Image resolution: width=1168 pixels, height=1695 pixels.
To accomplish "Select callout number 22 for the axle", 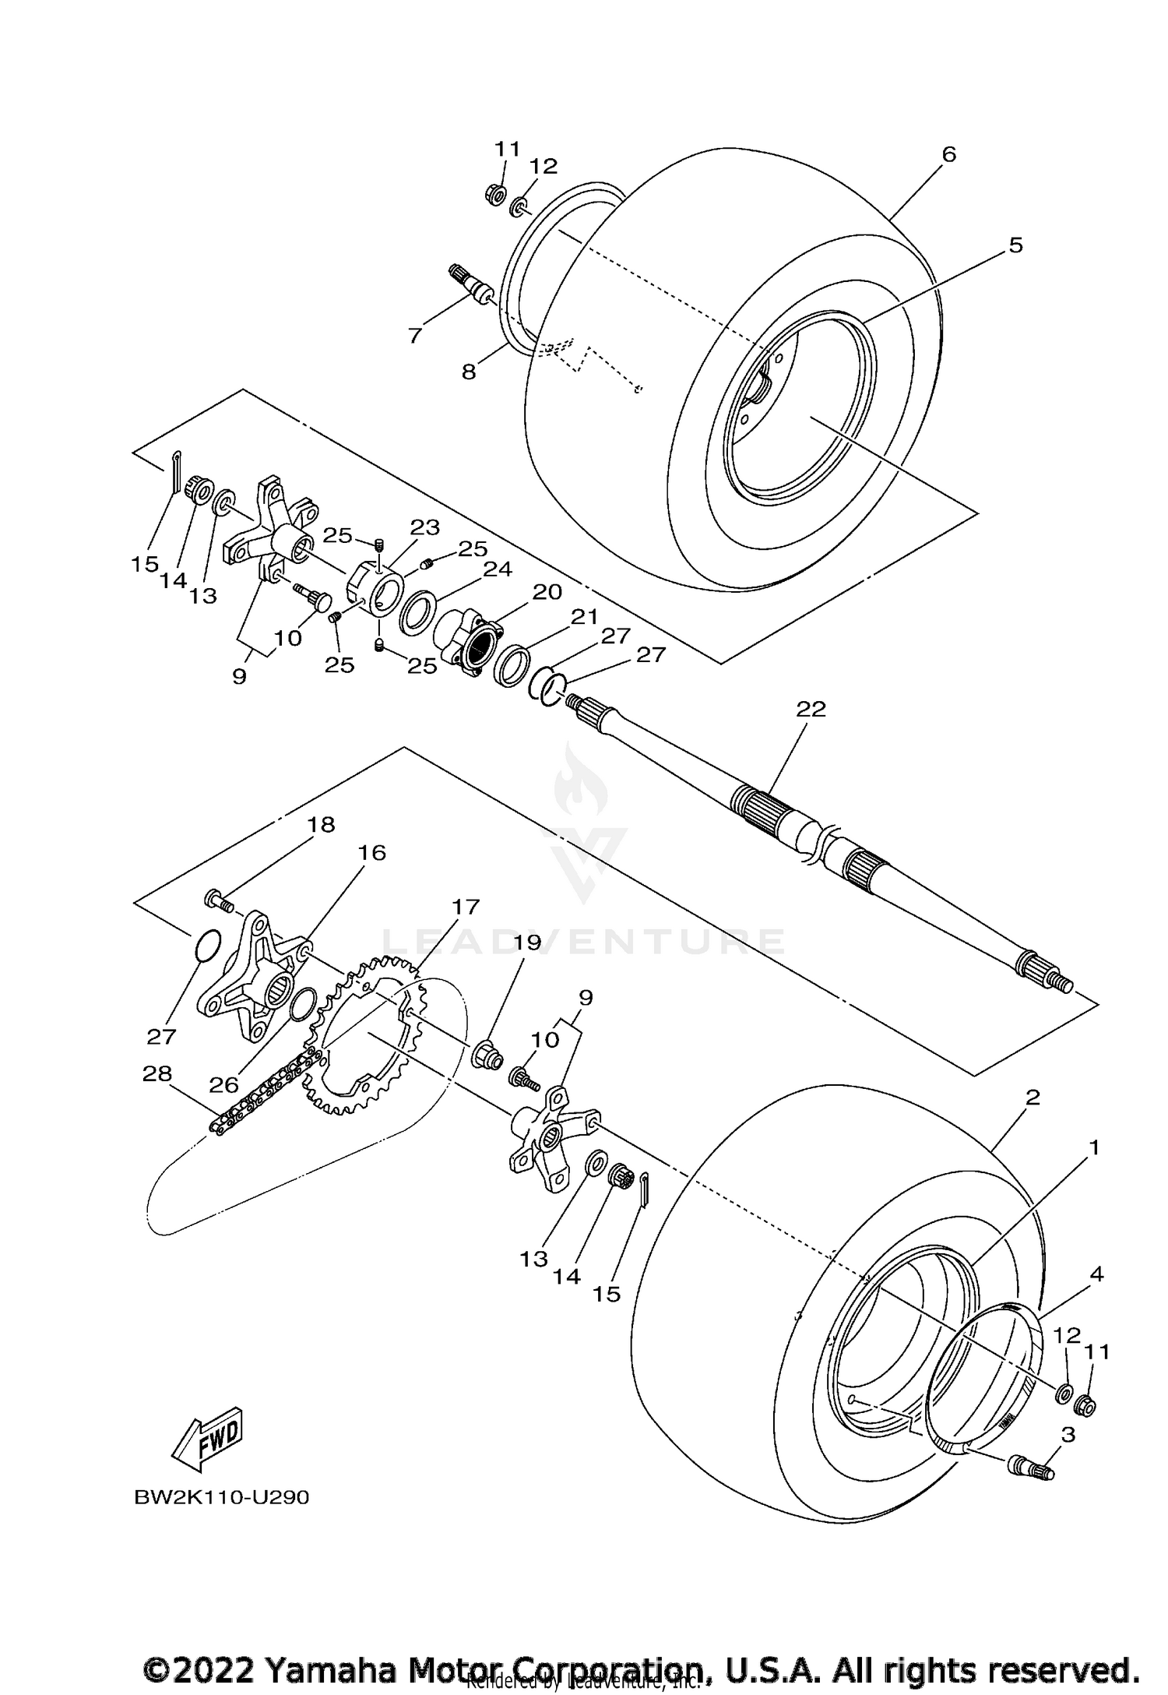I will click(811, 710).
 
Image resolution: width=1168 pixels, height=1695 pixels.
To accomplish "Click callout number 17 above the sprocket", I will click(466, 907).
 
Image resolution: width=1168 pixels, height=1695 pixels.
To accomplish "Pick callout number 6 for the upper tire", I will click(948, 154).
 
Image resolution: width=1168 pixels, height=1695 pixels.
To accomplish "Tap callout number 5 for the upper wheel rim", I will click(1015, 245).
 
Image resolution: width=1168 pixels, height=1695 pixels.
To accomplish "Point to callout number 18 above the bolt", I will click(322, 825).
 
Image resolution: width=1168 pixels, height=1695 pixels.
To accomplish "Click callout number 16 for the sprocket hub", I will click(372, 853).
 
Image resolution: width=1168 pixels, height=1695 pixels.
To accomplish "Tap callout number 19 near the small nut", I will click(527, 943).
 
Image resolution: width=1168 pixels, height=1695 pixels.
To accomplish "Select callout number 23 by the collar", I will click(425, 527).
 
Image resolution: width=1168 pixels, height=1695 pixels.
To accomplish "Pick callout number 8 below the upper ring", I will click(468, 372).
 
